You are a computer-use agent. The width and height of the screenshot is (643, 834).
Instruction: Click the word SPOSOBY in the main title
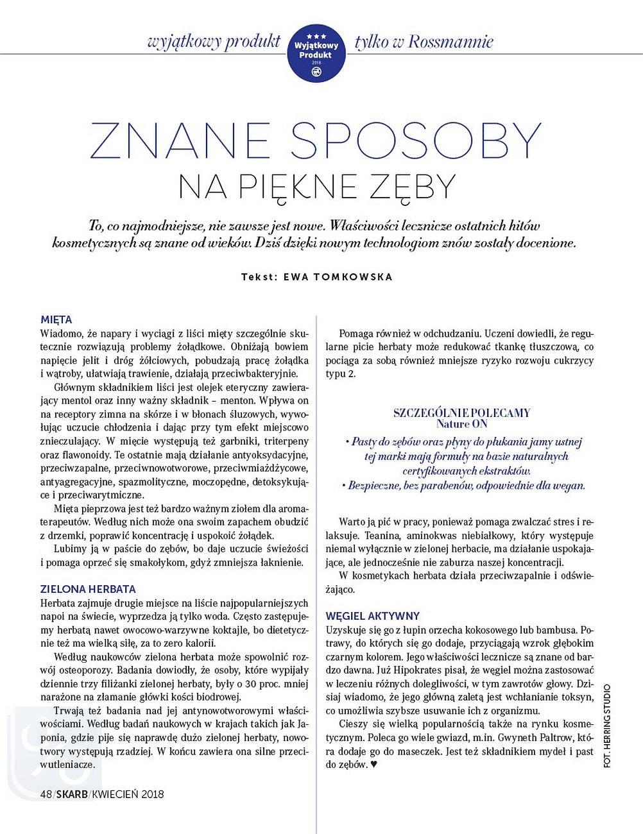(416, 139)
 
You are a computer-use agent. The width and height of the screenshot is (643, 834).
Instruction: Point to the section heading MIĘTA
(56, 319)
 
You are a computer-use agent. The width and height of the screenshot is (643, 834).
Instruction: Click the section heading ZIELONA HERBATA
(88, 589)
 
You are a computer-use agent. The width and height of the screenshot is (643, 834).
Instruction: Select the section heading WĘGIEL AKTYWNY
(372, 616)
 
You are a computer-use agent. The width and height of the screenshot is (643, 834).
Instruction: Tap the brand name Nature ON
(461, 424)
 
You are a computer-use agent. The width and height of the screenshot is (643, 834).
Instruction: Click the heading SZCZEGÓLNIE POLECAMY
(461, 413)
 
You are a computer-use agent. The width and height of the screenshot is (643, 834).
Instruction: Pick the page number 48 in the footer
(46, 794)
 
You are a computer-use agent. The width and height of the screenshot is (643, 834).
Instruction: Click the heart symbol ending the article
(374, 765)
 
